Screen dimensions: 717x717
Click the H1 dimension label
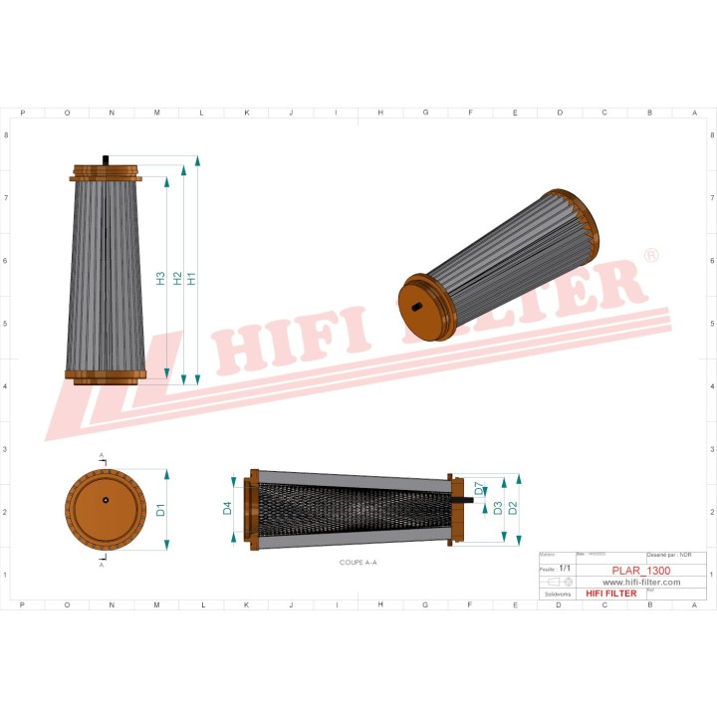[x=192, y=280]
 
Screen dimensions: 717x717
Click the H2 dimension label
[x=177, y=280]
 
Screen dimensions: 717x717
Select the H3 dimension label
[x=161, y=280]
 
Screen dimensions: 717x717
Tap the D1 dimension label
[x=161, y=511]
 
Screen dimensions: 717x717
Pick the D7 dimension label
[x=479, y=489]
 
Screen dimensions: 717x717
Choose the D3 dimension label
[x=497, y=509]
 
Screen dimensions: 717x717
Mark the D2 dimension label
[x=512, y=509]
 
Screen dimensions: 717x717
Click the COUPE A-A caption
[x=358, y=563]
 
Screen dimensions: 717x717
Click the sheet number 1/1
[x=566, y=568]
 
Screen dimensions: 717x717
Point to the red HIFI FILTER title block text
[x=610, y=594]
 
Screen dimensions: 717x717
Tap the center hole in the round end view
[x=106, y=500]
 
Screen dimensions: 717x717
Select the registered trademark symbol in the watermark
[x=651, y=256]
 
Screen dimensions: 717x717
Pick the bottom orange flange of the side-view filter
[x=106, y=375]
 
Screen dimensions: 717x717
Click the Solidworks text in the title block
[x=554, y=594]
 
